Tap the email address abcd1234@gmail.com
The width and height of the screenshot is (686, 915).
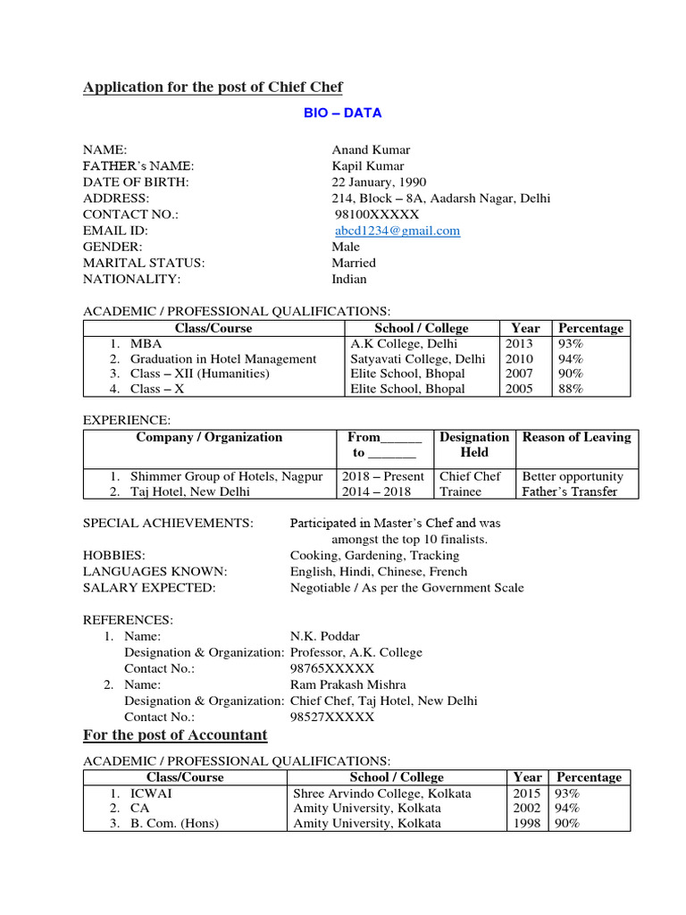coord(397,231)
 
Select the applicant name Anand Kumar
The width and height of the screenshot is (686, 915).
coord(371,150)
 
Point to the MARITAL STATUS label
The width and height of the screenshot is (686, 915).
coord(144,263)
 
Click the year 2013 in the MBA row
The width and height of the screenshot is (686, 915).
coord(519,344)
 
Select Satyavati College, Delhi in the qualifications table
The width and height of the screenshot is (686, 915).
coord(418,359)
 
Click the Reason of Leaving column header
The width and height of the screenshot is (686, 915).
coord(576,438)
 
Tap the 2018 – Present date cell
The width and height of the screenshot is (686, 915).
coord(383,477)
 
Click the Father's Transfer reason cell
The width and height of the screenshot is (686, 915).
coord(569,491)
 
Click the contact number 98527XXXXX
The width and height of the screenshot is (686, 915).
coord(332,717)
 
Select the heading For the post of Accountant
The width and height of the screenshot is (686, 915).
coord(175,735)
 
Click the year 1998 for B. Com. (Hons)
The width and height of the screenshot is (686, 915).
coord(527,824)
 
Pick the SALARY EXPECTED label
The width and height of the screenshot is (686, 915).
coord(149,588)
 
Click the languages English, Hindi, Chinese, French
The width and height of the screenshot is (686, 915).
coord(379,572)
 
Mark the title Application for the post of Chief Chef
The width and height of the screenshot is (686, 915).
coord(213,87)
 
